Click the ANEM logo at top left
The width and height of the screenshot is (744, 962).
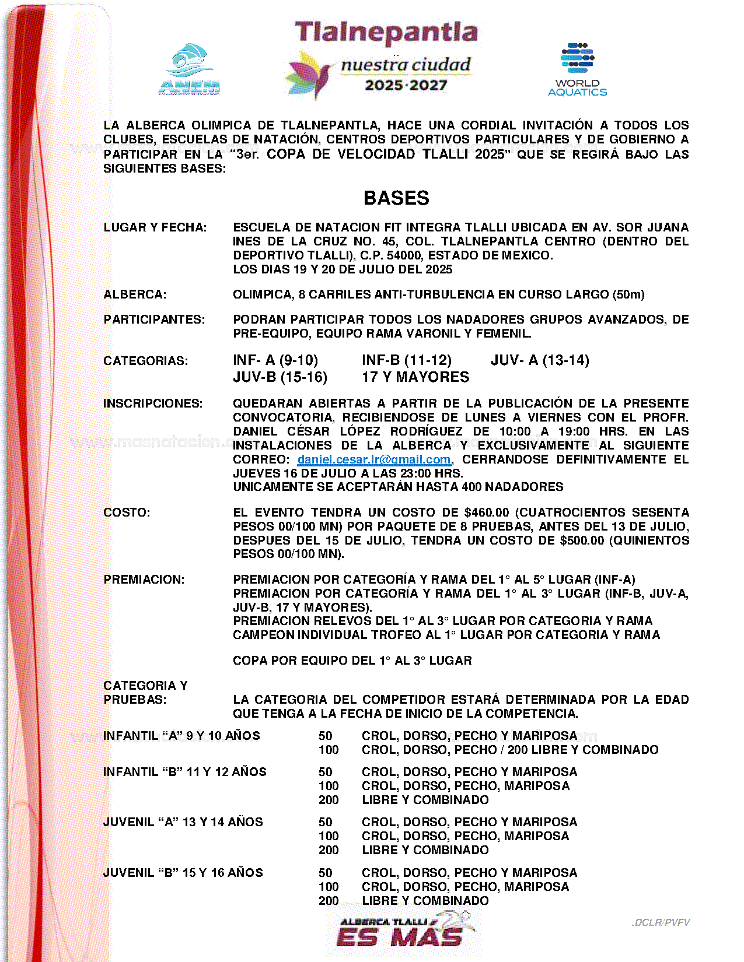190,69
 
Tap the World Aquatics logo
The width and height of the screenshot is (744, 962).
577,69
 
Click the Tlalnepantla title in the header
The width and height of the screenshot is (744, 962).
386,33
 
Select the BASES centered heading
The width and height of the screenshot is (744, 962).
396,198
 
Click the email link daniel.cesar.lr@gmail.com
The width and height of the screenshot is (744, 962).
373,459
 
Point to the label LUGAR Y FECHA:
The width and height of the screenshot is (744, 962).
155,227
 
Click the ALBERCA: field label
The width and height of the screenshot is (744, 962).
135,294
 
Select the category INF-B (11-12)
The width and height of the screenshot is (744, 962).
406,360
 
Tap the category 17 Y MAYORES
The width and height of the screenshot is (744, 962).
415,377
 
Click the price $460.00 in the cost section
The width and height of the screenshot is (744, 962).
487,512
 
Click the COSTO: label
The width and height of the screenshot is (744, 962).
127,512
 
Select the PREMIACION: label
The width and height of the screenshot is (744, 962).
144,580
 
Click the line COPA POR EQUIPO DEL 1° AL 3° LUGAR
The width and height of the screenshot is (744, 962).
352,661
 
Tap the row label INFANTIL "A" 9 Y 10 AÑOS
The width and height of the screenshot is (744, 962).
181,736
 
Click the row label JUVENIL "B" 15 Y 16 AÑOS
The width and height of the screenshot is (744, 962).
183,873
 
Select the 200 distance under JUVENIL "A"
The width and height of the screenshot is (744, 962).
329,850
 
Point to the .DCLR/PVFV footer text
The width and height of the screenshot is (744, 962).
660,922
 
